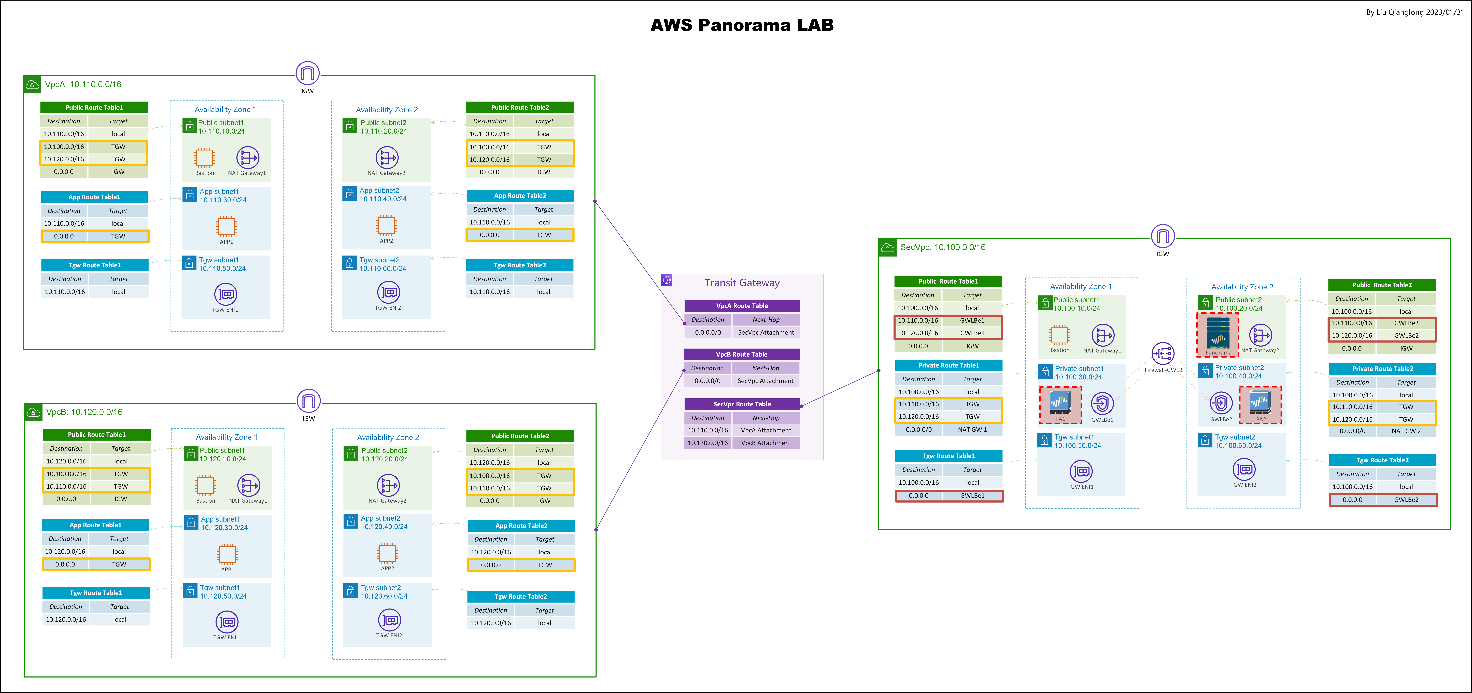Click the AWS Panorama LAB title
click(x=742, y=25)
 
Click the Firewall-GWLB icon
click(x=1163, y=354)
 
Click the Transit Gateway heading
click(x=742, y=283)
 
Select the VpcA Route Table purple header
click(x=742, y=306)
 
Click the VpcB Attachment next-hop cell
click(x=766, y=443)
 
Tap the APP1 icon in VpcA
click(x=226, y=226)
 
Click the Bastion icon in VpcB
click(x=205, y=486)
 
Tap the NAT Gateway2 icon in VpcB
click(x=388, y=486)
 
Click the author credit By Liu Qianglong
click(x=1415, y=12)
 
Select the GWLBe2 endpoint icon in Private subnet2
click(x=1221, y=403)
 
